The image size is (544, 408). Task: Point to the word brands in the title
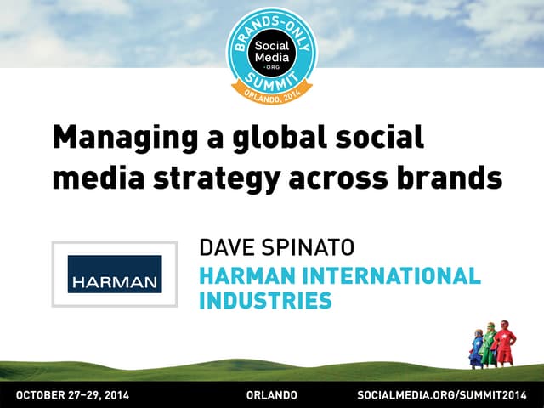(448, 178)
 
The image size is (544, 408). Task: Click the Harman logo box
(115, 275)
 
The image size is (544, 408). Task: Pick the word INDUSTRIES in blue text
(264, 300)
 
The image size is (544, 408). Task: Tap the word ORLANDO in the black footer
(271, 395)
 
